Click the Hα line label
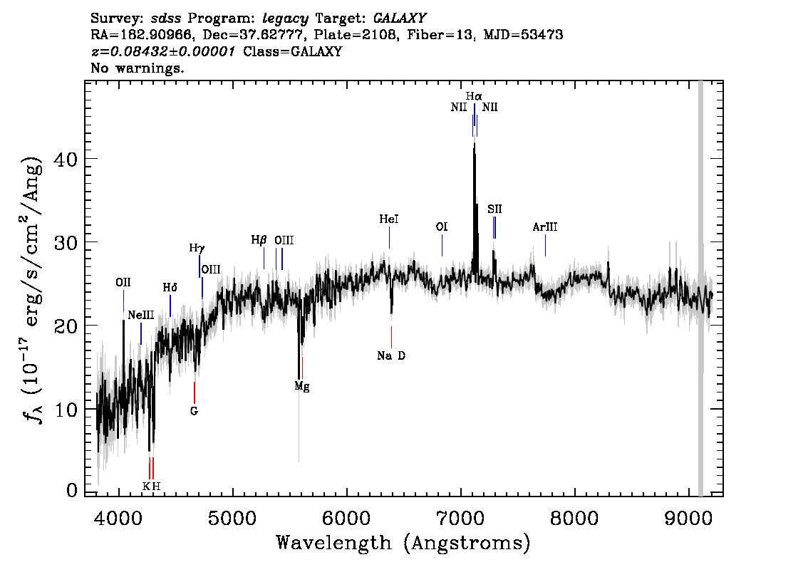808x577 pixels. pos(474,96)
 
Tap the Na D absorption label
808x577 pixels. pos(391,355)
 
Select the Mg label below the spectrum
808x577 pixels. pos(302,386)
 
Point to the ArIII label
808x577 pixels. pos(544,227)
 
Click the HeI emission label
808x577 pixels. pos(389,219)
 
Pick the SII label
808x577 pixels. pos(494,209)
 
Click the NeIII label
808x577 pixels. pos(140,315)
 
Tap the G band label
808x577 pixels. pos(194,411)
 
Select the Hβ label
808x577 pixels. pos(259,240)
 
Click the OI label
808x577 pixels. pos(442,227)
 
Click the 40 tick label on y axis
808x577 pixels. pos(66,159)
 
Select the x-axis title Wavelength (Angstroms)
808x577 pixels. pos(403,543)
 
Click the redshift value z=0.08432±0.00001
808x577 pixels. pos(163,51)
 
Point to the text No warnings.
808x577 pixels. pos(137,68)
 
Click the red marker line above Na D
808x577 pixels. pos(392,337)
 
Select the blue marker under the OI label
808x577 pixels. pos(442,245)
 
